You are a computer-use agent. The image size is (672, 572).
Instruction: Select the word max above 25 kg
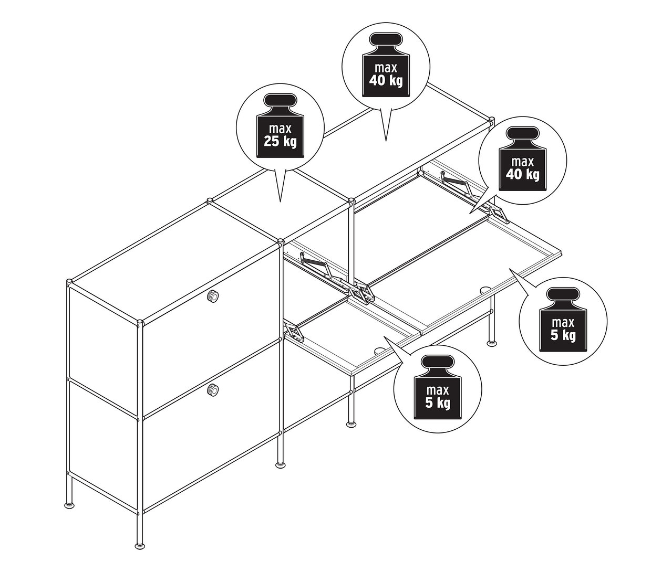click(280, 129)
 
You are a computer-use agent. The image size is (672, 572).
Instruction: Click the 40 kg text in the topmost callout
click(386, 80)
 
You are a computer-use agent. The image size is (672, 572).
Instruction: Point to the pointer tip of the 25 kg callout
click(280, 202)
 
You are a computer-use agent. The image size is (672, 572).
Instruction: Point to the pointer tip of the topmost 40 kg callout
click(386, 141)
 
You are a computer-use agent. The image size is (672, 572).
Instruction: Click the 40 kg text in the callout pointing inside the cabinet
click(523, 174)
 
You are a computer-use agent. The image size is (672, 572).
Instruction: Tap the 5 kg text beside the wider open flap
click(563, 335)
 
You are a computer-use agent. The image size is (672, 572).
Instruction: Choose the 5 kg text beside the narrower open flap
click(438, 402)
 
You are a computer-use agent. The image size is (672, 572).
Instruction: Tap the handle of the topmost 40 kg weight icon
click(386, 40)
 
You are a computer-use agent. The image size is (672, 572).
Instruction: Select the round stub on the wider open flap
click(485, 289)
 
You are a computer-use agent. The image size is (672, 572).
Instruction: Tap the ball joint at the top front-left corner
click(140, 323)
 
